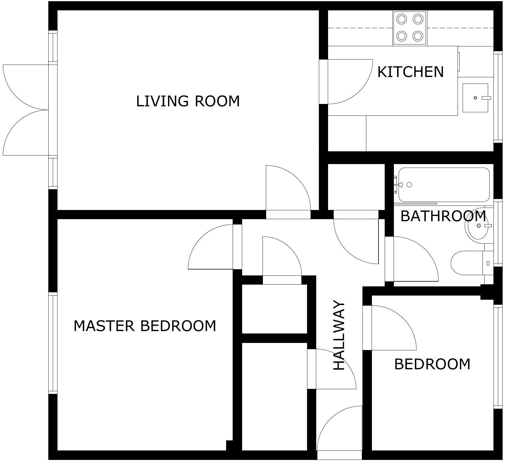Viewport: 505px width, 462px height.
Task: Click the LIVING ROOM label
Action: [x=188, y=101]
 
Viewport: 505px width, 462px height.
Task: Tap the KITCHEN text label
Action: [x=410, y=72]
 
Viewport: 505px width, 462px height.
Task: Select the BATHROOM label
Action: [x=443, y=216]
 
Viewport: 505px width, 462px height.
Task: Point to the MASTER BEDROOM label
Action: [x=145, y=326]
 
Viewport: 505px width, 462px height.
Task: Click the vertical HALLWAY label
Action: [x=339, y=336]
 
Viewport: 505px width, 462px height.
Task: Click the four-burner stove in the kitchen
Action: [x=410, y=28]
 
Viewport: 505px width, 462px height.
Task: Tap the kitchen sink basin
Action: [x=475, y=98]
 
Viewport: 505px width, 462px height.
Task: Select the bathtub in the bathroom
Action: [x=444, y=185]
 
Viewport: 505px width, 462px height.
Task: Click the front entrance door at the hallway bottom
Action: [x=340, y=429]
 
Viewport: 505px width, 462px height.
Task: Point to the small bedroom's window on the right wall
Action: [x=498, y=357]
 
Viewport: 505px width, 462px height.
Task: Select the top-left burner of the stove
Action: [x=402, y=19]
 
